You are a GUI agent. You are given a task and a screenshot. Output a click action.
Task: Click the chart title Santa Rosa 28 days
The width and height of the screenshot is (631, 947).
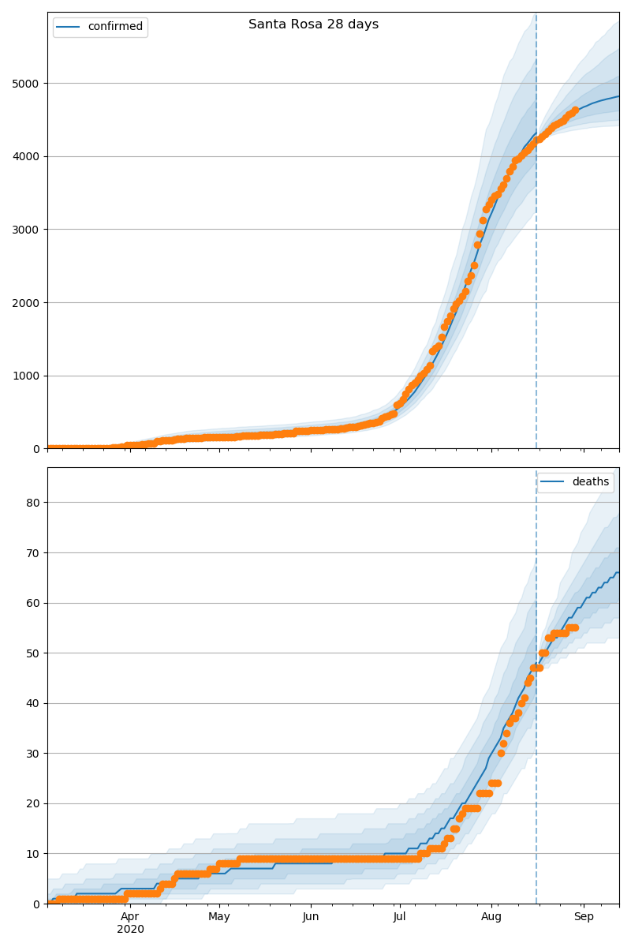tap(313, 24)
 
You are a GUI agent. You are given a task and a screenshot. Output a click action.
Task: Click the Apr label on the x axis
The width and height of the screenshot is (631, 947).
tap(130, 916)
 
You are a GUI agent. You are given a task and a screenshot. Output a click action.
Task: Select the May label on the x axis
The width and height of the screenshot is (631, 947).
tap(219, 916)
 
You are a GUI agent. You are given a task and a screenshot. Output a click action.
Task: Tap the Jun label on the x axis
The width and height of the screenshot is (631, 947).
tap(311, 916)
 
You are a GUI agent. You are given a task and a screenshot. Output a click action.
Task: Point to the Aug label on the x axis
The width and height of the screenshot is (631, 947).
tap(491, 916)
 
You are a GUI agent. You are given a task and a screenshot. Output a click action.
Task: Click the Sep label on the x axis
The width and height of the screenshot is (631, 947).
tap(584, 916)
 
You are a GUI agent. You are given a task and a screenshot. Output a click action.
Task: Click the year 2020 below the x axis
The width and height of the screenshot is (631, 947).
tap(130, 929)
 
